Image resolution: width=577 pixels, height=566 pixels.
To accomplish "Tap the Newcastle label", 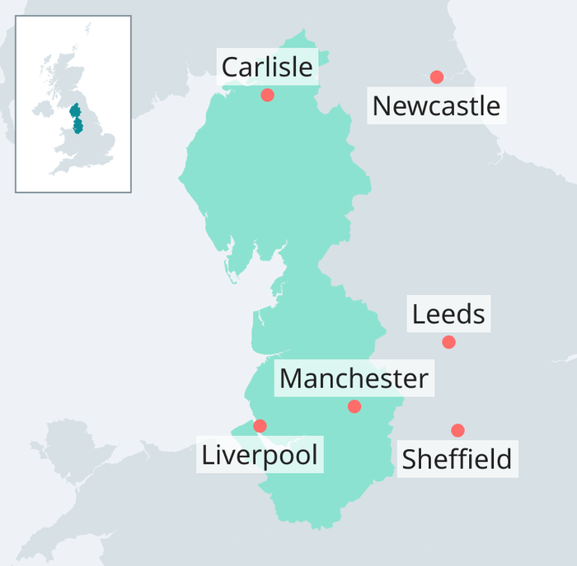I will click(x=436, y=106).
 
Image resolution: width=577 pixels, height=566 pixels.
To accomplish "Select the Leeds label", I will click(x=448, y=314).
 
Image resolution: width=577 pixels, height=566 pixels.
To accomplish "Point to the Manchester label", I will click(x=354, y=379).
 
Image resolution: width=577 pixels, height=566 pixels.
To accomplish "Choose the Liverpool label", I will click(x=260, y=455).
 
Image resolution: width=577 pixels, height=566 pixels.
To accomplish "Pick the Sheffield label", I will click(x=457, y=459).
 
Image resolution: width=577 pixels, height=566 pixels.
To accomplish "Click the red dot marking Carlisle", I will click(x=267, y=95).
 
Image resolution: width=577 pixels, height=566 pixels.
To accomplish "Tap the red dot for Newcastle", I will click(x=437, y=77).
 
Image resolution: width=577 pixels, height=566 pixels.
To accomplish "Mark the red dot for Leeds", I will click(x=448, y=342).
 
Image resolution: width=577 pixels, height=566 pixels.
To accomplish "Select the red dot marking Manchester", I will click(x=354, y=406).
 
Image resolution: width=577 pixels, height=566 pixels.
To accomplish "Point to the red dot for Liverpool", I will click(x=260, y=426).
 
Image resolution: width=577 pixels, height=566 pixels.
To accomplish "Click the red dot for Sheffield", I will click(x=457, y=430).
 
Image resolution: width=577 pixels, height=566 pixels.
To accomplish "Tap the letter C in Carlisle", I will click(x=231, y=67).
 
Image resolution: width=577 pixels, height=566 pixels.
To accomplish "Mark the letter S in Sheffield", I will click(x=410, y=459).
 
